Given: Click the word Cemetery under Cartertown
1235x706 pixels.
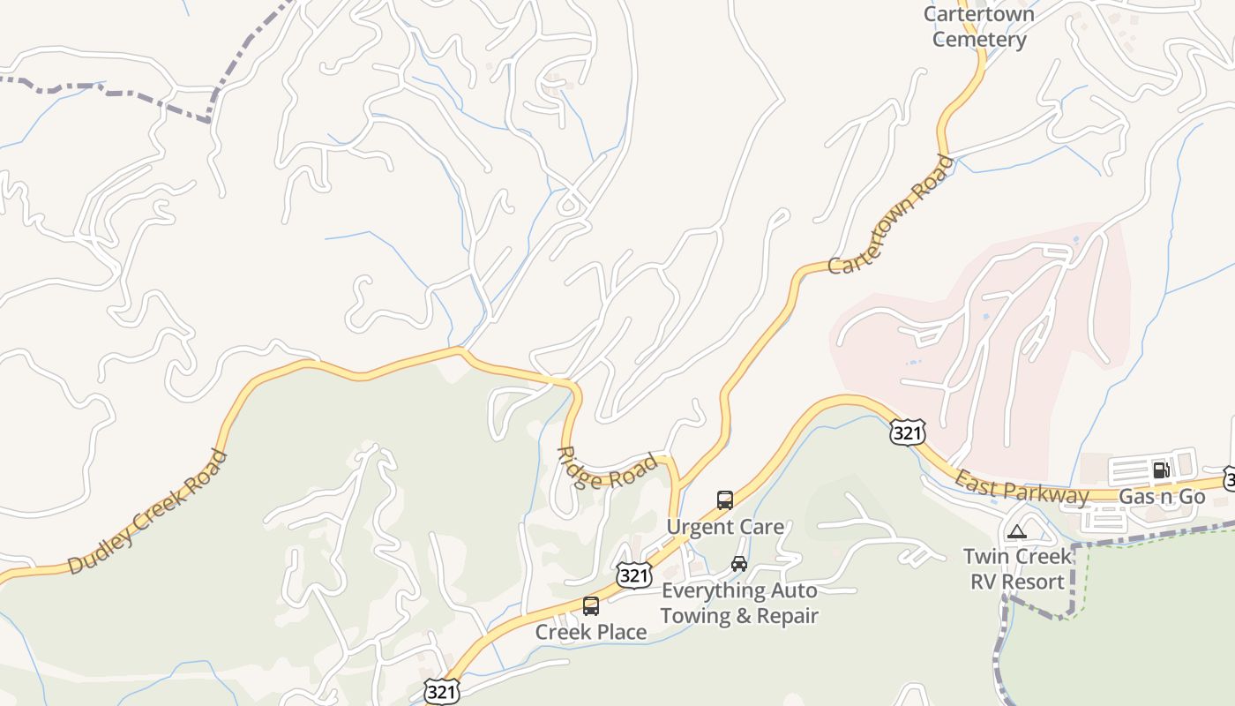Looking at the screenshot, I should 979,40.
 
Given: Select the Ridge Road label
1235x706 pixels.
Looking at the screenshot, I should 607,469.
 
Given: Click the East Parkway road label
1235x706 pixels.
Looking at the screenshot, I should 1022,486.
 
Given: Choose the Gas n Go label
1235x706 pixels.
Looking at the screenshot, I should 1162,497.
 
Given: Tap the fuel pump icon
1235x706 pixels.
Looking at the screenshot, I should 1162,470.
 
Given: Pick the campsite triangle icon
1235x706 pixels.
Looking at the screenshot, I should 1017,532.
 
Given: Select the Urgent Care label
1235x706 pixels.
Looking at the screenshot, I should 725,527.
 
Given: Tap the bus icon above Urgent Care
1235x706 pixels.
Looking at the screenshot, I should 725,500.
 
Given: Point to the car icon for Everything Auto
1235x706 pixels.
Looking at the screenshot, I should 739,564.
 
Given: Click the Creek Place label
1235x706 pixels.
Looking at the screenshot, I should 591,632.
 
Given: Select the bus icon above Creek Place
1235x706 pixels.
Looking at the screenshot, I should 591,606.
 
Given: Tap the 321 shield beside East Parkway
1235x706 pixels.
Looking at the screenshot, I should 907,432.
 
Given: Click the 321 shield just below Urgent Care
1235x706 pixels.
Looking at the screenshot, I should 633,575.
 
